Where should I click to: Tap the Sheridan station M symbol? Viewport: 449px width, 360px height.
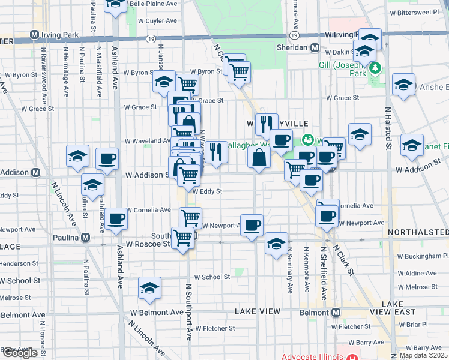tap(314, 47)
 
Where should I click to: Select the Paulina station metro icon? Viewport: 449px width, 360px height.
tap(86, 237)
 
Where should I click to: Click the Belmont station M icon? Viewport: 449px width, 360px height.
tap(335, 313)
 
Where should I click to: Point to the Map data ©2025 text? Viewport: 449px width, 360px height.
tap(423, 355)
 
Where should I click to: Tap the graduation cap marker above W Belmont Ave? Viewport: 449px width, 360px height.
tap(149, 288)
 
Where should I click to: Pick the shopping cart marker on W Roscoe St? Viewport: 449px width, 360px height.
tap(183, 237)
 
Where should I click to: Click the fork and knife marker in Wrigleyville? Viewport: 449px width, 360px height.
tap(267, 124)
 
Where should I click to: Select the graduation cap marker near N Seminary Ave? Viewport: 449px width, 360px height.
tap(276, 244)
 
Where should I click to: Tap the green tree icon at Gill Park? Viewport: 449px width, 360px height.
tap(375, 67)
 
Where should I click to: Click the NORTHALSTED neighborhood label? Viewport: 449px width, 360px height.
tap(418, 232)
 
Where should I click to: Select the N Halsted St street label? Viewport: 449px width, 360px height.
tap(388, 128)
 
